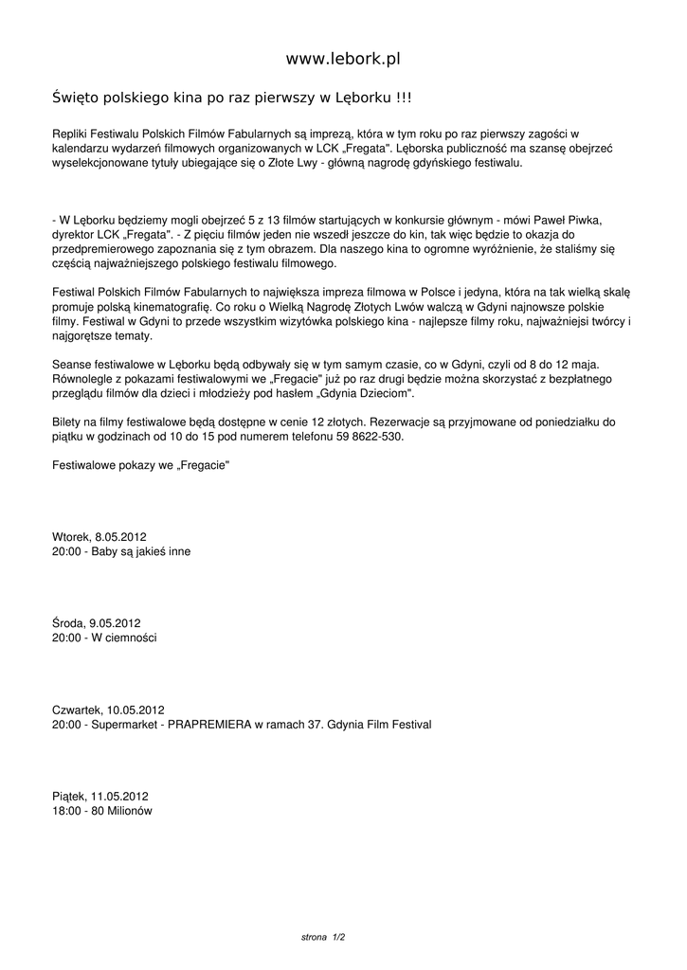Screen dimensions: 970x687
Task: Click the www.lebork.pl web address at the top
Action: [343, 59]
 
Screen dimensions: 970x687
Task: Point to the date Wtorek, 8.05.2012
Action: [99, 536]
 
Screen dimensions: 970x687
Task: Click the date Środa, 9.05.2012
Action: [96, 622]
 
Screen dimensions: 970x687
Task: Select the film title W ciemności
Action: [124, 638]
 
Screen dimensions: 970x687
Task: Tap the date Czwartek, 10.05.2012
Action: [108, 710]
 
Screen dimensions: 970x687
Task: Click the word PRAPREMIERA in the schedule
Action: [209, 725]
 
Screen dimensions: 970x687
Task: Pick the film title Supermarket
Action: [124, 725]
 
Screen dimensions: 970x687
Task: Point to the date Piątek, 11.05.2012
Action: [99, 797]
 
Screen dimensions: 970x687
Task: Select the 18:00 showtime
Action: [66, 811]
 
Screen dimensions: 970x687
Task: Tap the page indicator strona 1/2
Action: [323, 937]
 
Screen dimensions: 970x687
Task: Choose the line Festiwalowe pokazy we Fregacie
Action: [141, 466]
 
